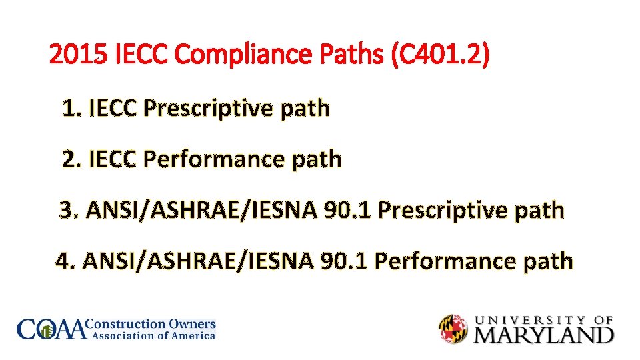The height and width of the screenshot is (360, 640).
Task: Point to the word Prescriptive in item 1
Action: (x=208, y=108)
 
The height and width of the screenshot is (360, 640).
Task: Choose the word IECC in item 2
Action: (x=111, y=159)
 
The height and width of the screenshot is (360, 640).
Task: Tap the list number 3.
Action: (x=69, y=211)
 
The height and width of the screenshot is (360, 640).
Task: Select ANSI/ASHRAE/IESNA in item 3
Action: (x=203, y=211)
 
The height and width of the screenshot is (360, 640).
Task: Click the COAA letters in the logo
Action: (x=52, y=329)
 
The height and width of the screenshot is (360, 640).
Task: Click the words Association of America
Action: (x=152, y=336)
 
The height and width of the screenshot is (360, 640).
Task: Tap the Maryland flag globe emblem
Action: (x=453, y=329)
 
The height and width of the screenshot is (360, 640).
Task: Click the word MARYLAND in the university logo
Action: (x=543, y=334)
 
